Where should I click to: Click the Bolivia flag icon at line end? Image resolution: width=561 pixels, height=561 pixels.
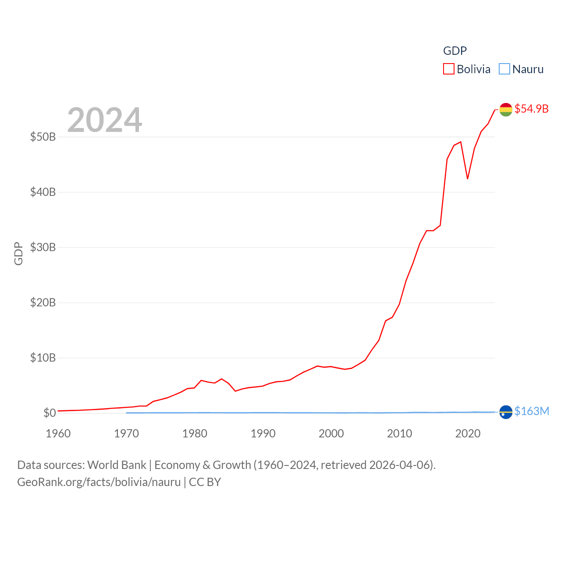pyautogui.click(x=506, y=110)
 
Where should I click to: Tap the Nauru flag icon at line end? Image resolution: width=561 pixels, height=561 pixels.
pyautogui.click(x=506, y=412)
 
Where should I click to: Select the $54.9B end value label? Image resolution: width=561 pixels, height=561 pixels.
pyautogui.click(x=531, y=109)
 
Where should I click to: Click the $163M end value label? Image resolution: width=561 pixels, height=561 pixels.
pyautogui.click(x=532, y=411)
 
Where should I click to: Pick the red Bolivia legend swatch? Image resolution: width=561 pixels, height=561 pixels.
pyautogui.click(x=449, y=69)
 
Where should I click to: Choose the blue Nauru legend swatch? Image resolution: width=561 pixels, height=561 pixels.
pyautogui.click(x=504, y=69)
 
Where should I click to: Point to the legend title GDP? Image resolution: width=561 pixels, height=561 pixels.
pyautogui.click(x=455, y=51)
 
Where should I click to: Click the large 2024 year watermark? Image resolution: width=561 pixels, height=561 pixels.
pyautogui.click(x=104, y=120)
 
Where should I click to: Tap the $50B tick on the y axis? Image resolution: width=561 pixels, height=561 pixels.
pyautogui.click(x=43, y=137)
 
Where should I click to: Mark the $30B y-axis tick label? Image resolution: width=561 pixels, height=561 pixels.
pyautogui.click(x=43, y=247)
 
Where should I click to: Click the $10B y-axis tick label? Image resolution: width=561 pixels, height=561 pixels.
pyautogui.click(x=43, y=358)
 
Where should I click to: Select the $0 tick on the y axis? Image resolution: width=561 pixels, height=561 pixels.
pyautogui.click(x=50, y=413)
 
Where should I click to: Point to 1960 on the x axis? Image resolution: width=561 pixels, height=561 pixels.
pyautogui.click(x=58, y=433)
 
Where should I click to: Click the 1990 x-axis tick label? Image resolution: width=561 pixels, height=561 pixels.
pyautogui.click(x=263, y=433)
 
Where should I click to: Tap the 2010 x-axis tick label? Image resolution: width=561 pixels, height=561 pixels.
pyautogui.click(x=399, y=433)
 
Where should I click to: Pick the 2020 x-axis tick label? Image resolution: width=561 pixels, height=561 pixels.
pyautogui.click(x=468, y=433)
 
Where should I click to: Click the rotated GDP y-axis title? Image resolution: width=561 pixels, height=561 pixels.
pyautogui.click(x=18, y=253)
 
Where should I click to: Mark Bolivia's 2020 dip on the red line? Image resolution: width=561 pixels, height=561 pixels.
pyautogui.click(x=468, y=178)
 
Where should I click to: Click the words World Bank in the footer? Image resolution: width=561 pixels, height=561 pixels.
pyautogui.click(x=117, y=465)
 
